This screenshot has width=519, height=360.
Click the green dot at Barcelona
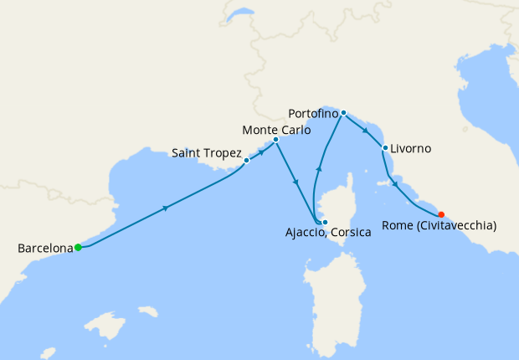(78, 247)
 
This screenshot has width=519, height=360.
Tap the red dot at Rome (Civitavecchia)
(441, 213)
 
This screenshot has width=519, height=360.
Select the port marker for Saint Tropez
(247, 160)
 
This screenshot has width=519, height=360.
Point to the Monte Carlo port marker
(275, 140)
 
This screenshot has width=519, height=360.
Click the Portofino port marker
(344, 112)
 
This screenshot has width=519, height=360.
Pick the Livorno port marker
(384, 148)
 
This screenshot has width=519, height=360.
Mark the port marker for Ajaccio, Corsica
(325, 222)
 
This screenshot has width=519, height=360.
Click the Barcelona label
(44, 248)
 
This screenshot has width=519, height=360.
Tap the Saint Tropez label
(206, 153)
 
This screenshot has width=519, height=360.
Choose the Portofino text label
(312, 112)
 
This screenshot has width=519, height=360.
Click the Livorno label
(411, 149)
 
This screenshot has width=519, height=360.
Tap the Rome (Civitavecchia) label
(439, 225)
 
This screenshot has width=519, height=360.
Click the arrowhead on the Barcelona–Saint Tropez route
(166, 207)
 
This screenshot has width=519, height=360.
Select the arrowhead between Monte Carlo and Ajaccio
(295, 182)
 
